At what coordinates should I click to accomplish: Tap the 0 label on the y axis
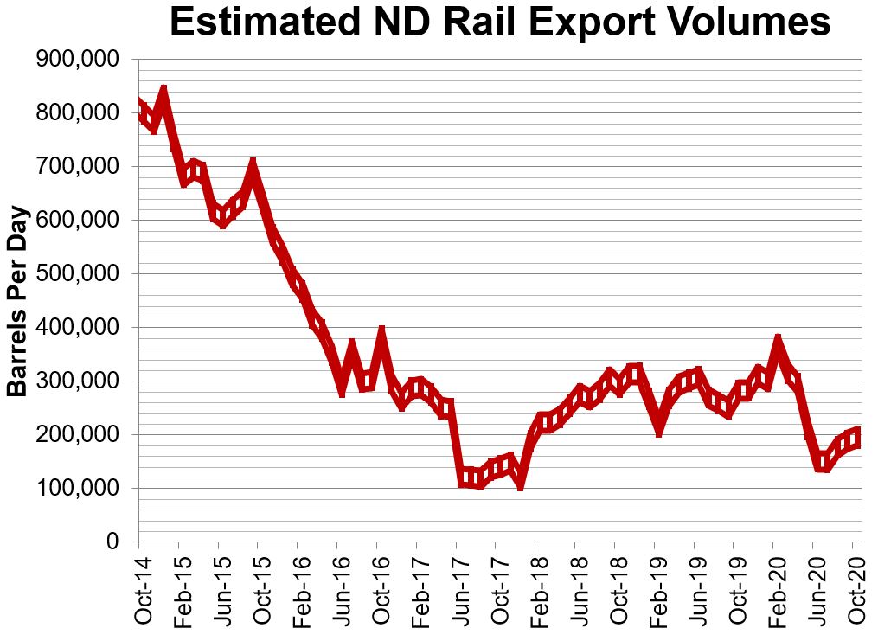click(x=112, y=542)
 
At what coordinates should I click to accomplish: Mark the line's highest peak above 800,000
click(x=163, y=91)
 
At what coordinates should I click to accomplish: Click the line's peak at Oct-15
click(x=253, y=164)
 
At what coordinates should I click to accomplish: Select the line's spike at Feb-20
click(x=779, y=339)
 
